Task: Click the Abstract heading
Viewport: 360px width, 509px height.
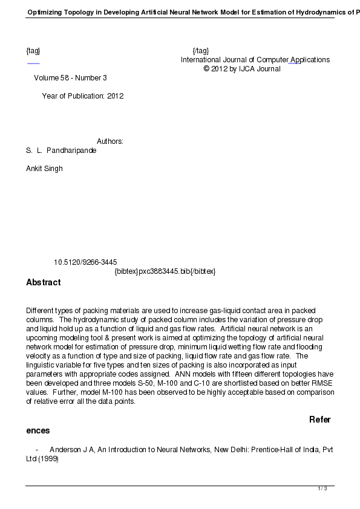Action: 43,282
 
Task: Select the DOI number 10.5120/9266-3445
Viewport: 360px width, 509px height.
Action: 85,262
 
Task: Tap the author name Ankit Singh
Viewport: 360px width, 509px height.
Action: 44,169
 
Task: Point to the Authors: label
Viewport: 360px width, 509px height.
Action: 110,141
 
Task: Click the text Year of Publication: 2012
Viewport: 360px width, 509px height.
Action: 82,96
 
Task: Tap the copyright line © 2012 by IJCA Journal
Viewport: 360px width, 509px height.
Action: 242,69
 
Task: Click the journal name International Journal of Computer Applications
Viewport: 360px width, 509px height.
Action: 255,60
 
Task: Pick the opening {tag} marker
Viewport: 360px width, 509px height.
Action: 33,51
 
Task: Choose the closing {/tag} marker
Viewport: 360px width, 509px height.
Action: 200,51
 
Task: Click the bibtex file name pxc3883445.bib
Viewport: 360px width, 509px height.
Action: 165,271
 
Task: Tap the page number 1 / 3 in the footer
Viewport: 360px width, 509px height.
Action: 322,488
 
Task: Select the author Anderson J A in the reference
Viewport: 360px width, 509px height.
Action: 71,450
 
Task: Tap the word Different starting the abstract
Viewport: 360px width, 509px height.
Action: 41,311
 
